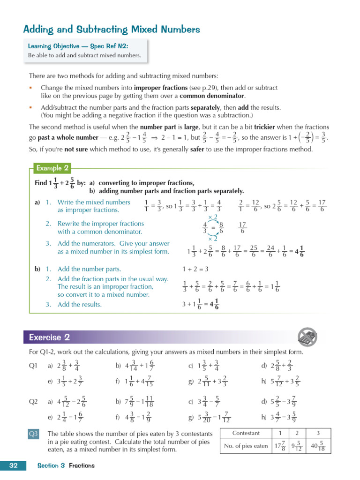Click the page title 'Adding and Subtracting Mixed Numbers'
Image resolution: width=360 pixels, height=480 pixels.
click(x=112, y=30)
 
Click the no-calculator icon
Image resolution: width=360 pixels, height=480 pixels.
click(x=307, y=337)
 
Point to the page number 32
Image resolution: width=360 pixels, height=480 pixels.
click(x=13, y=465)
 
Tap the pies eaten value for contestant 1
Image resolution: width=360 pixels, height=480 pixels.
click(x=280, y=446)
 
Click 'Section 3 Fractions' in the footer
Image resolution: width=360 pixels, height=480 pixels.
click(x=66, y=465)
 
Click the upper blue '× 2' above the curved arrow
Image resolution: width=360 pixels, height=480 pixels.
click(x=212, y=217)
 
